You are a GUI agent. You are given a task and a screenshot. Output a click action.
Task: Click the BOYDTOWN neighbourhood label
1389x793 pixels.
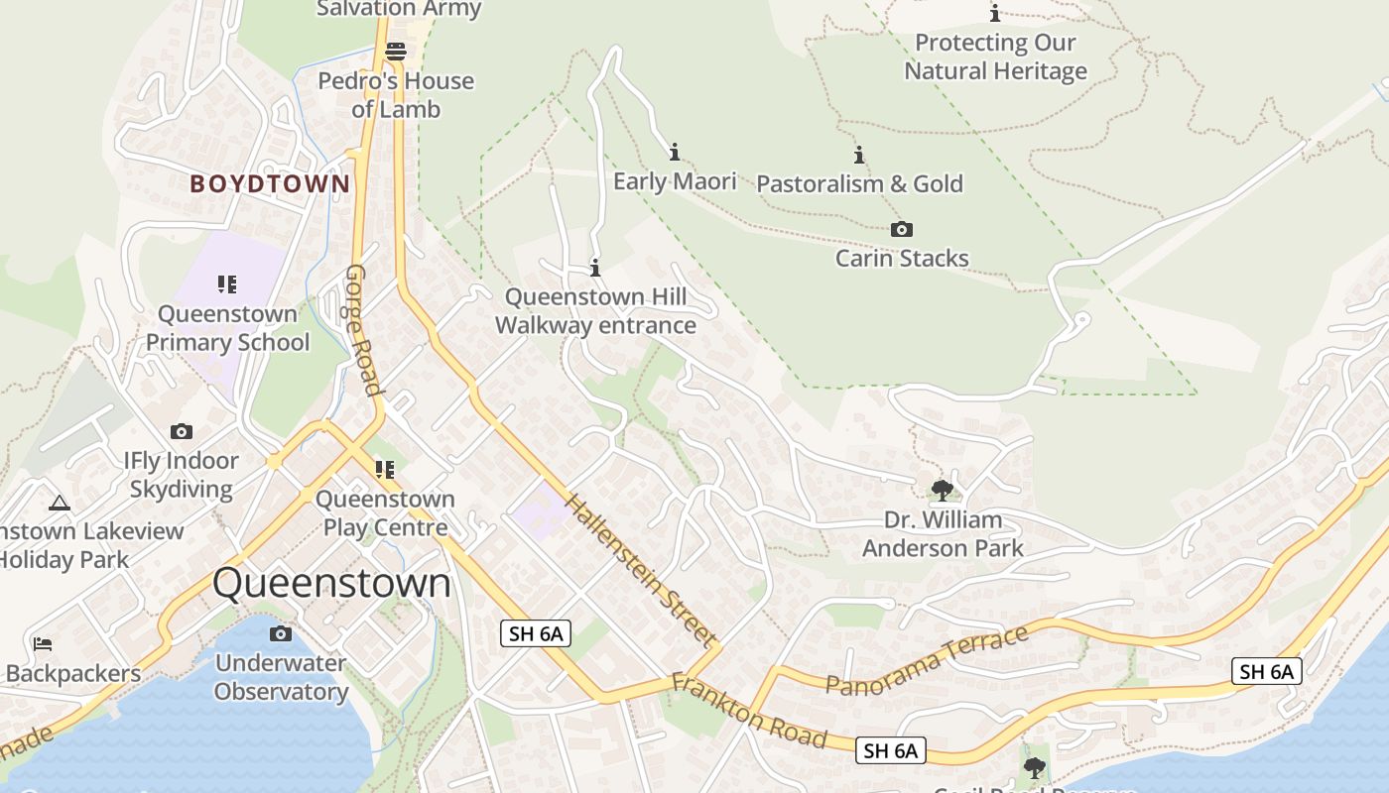270,183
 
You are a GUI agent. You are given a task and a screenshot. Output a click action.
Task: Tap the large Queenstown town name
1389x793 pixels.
331,583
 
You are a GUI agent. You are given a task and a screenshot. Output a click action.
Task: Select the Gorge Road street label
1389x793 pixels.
363,330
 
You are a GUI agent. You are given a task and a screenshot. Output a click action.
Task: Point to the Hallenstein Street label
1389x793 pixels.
641,569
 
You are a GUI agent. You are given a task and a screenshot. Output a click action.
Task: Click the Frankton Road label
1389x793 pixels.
749,711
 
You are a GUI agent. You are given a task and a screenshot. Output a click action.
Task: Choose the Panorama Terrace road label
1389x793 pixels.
927,661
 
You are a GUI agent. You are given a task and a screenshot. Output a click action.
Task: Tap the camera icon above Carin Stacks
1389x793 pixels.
901,230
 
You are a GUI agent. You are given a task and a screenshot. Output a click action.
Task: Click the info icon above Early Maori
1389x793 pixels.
675,152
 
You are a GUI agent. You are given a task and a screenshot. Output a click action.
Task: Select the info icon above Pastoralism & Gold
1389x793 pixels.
859,155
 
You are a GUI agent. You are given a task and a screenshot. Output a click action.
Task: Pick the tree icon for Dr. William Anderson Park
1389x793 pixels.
943,490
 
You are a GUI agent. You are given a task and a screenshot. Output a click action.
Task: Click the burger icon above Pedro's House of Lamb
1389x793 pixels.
396,51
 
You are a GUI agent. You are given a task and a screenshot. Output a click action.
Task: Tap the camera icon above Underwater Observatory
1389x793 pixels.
281,633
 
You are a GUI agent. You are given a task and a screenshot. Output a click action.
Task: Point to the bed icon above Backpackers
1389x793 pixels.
43,644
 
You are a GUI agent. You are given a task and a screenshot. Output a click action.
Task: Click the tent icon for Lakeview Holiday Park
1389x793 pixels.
60,503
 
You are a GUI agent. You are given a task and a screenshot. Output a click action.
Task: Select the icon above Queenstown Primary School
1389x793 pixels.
227,284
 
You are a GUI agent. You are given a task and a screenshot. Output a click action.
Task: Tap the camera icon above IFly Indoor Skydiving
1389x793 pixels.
181,431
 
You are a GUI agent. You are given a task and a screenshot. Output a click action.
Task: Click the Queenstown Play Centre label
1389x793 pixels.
385,513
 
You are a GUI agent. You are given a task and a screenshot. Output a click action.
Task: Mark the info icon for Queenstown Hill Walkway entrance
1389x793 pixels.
595,268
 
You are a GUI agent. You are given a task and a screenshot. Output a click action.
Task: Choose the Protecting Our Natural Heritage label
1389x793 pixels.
995,57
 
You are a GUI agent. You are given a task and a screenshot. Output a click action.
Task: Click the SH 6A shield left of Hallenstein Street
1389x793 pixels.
536,633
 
